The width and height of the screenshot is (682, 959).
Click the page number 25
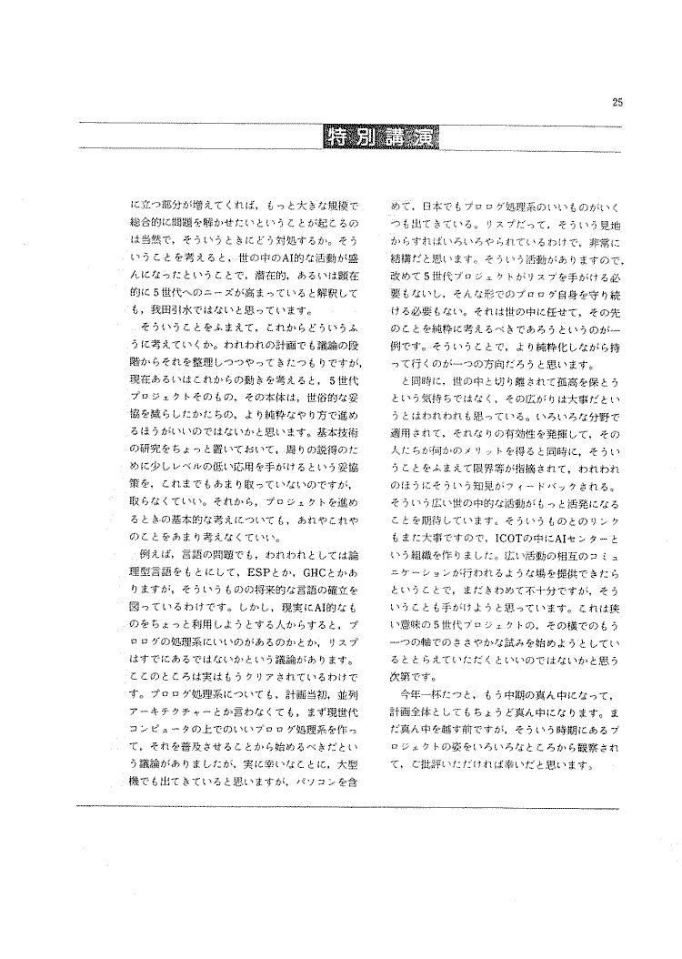click(617, 103)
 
